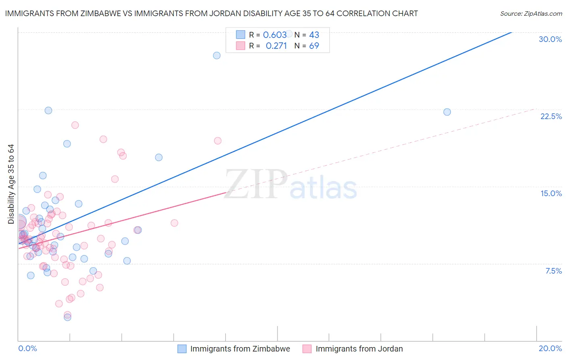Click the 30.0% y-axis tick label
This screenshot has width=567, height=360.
click(x=550, y=39)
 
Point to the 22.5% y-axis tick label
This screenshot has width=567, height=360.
click(x=551, y=116)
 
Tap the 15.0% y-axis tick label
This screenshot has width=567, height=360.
click(x=551, y=193)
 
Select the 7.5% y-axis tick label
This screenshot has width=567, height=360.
click(x=553, y=271)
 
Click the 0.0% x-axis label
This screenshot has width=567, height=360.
click(x=27, y=348)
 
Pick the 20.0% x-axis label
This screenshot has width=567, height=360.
click(x=550, y=348)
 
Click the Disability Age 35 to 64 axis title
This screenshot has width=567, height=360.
click(x=11, y=184)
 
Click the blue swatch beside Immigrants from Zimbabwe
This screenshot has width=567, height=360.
click(x=182, y=349)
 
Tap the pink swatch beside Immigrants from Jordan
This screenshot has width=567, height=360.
click(x=307, y=349)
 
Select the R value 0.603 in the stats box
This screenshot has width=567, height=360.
click(x=275, y=35)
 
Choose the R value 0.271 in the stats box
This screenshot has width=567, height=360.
click(x=276, y=46)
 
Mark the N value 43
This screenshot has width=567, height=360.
click(x=314, y=35)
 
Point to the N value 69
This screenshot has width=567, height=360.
click(x=314, y=46)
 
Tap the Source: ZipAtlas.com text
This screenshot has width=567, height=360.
click(x=531, y=13)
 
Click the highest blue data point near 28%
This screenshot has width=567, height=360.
click(x=217, y=55)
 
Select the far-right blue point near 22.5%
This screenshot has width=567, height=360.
click(x=447, y=112)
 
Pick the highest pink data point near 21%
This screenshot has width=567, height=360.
click(x=75, y=125)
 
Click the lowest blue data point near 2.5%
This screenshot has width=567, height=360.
click(x=68, y=317)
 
